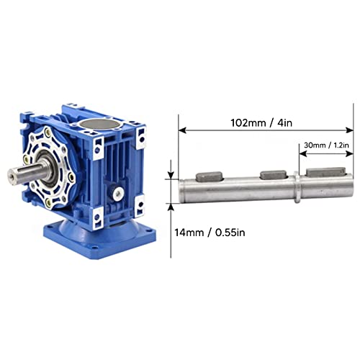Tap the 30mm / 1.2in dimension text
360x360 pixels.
(326, 145)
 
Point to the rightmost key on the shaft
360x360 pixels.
(328, 174)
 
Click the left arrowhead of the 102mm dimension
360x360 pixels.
(181, 131)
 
